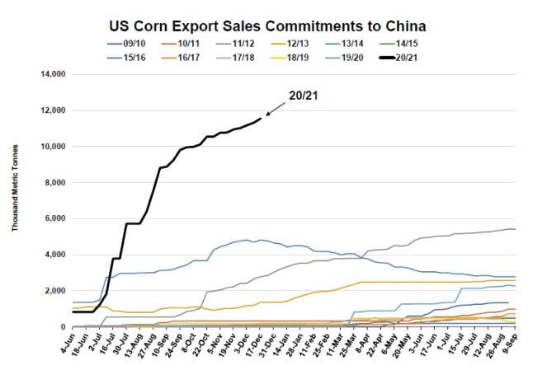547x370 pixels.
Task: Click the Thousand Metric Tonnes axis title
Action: pyautogui.click(x=17, y=200)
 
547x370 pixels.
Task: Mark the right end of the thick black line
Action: pyautogui.click(x=261, y=119)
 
